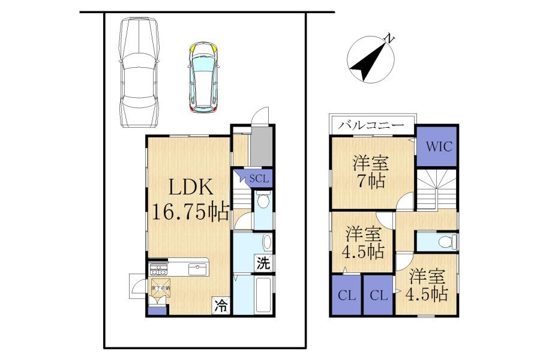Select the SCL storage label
point(259,178)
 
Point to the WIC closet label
point(437,146)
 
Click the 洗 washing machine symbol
point(263,262)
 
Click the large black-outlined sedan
point(139,72)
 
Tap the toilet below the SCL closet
point(263,203)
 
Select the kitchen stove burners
point(158,268)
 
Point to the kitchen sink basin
point(197,268)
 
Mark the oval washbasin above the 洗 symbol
point(266,242)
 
